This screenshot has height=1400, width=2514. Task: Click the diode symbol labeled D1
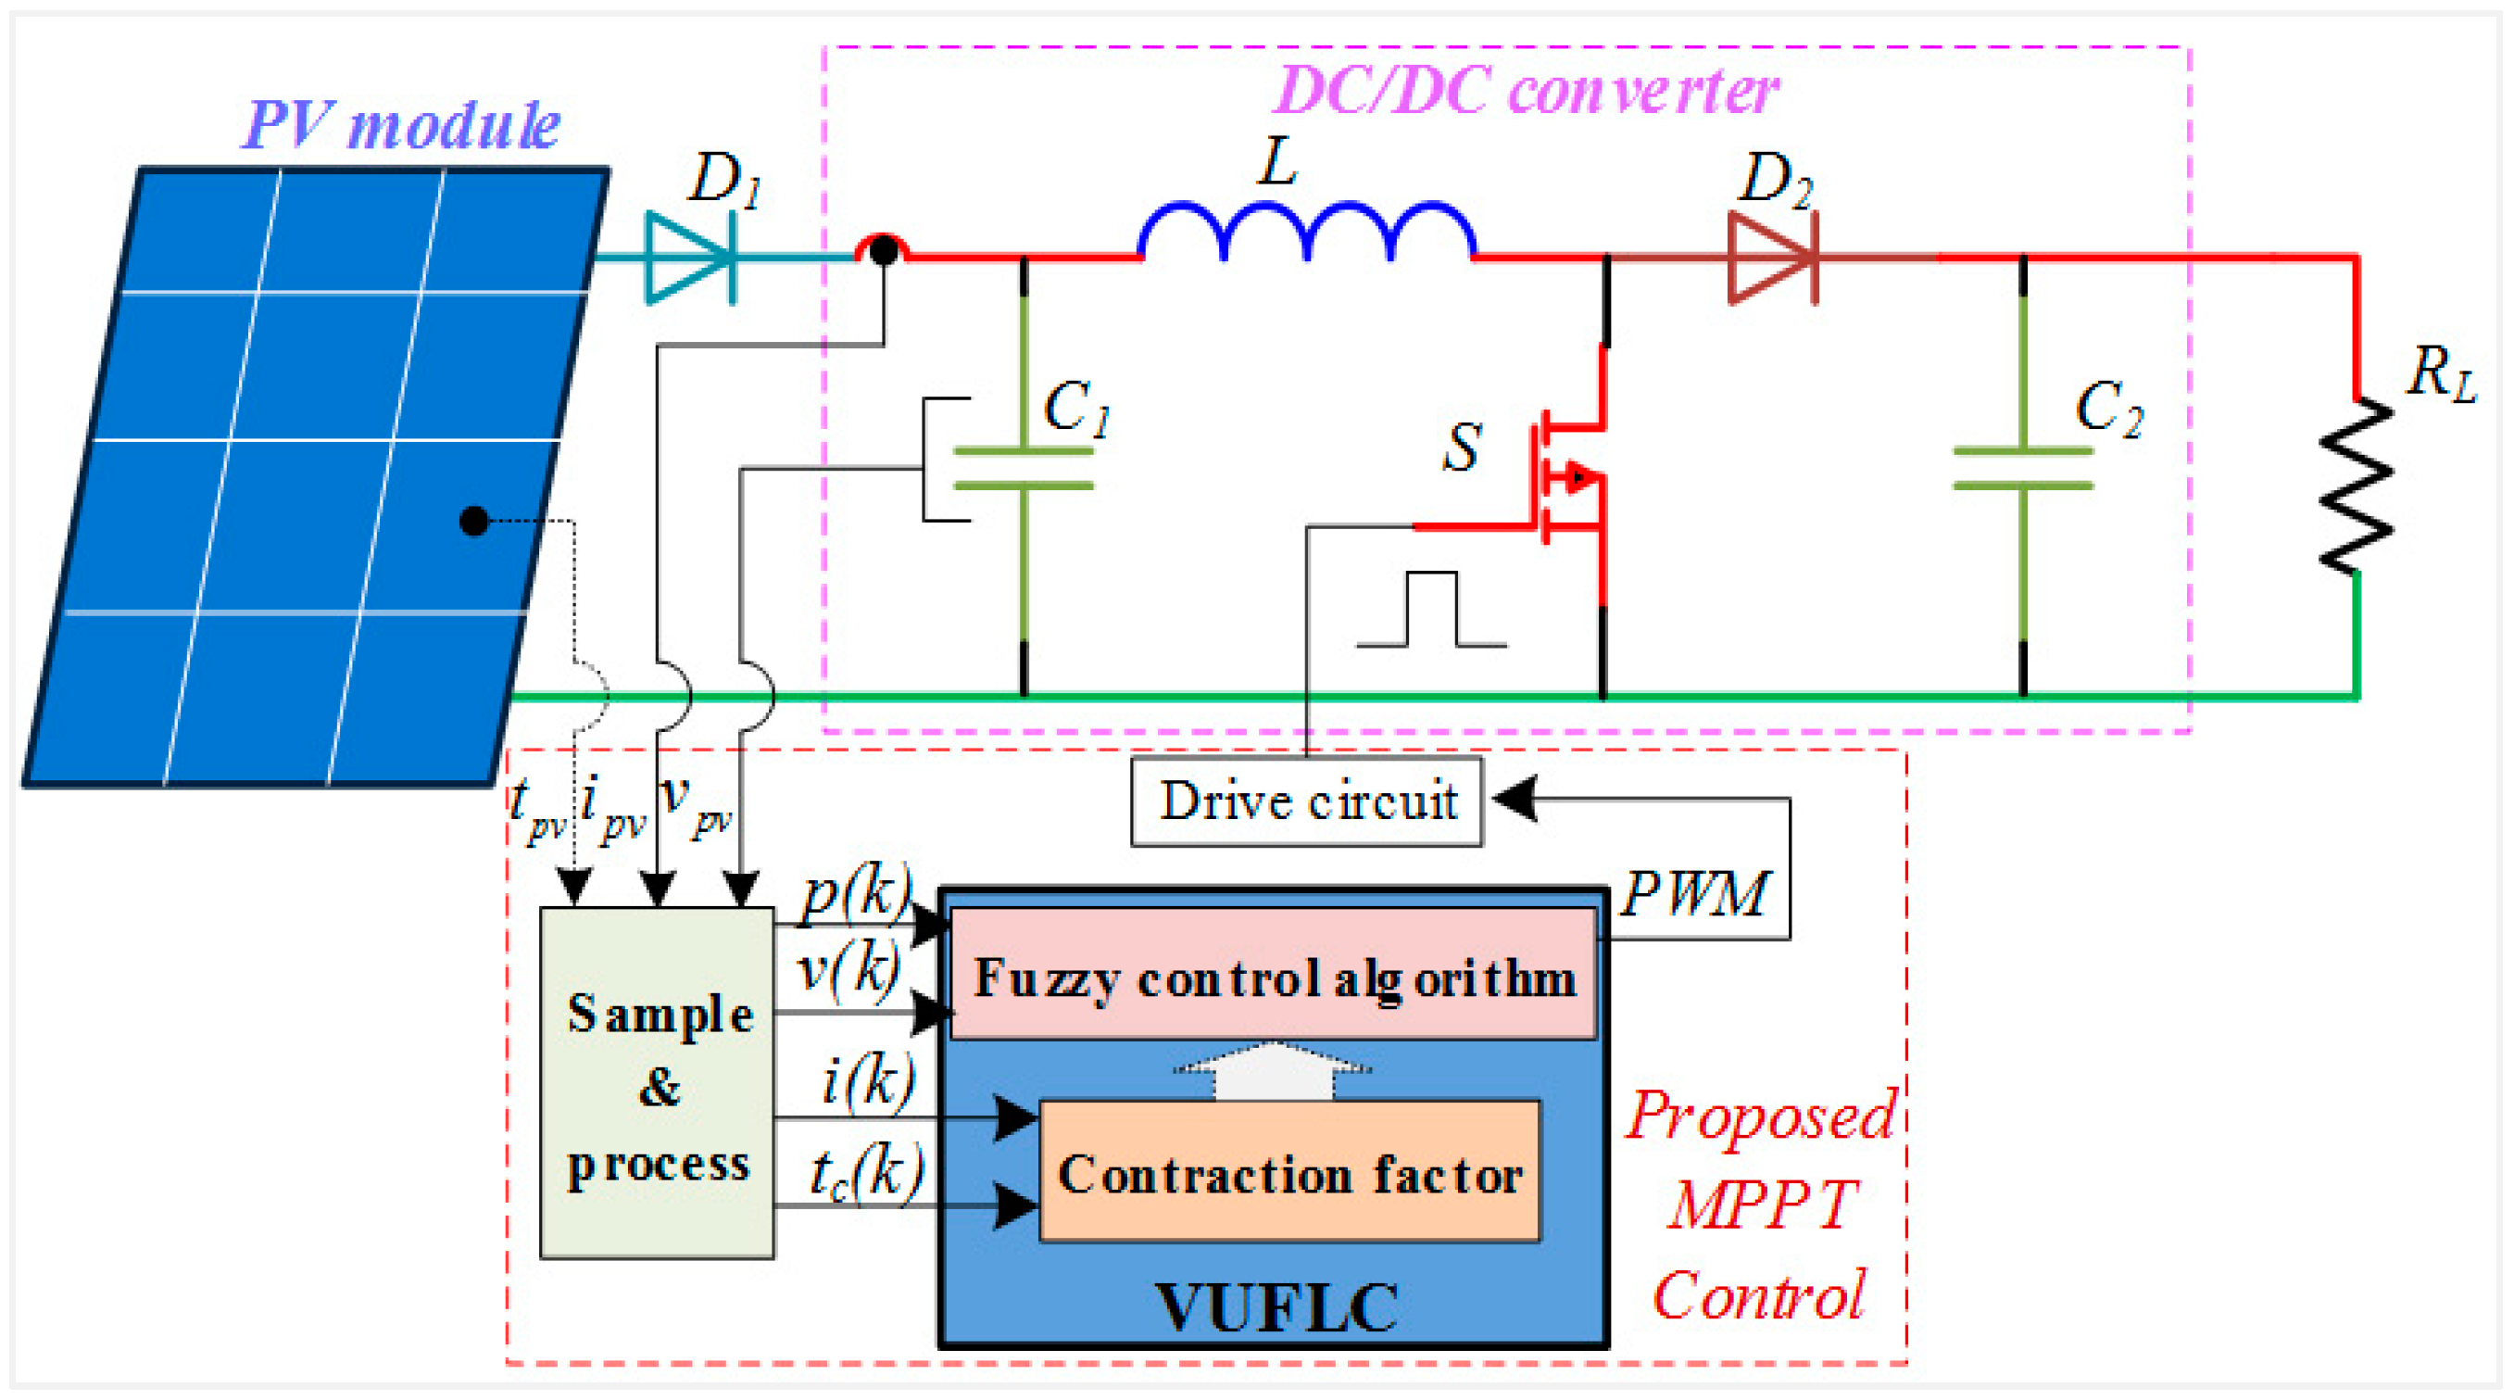(691, 258)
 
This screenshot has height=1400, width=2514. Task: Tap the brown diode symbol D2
(1772, 258)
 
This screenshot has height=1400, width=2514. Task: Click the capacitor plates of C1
(1023, 469)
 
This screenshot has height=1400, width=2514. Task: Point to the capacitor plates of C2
(2022, 469)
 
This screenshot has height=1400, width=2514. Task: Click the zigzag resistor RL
(2356, 486)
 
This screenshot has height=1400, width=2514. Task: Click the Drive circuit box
(1306, 801)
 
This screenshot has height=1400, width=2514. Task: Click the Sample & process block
(657, 1084)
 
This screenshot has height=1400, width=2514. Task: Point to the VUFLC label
(1276, 1306)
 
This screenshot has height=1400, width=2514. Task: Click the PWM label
(1694, 892)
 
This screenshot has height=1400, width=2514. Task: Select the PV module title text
(400, 125)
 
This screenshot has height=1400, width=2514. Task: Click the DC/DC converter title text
(1527, 92)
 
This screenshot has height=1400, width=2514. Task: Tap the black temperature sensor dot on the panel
(474, 522)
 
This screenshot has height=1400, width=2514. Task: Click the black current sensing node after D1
(883, 251)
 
